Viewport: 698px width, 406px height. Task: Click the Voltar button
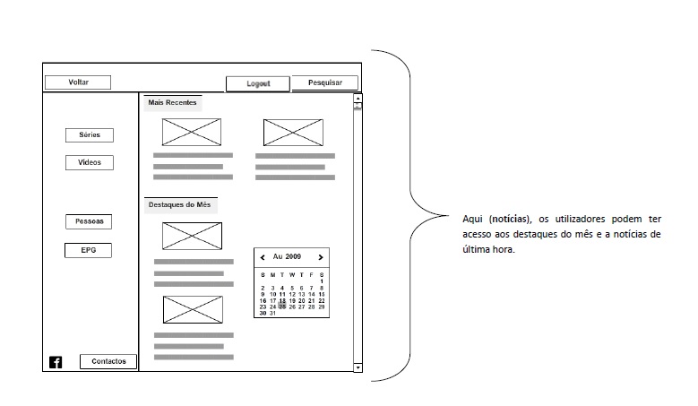(x=78, y=82)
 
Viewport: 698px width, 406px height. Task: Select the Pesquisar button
(x=325, y=82)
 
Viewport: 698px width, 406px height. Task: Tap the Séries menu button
(x=90, y=135)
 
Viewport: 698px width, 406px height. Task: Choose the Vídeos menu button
(x=90, y=162)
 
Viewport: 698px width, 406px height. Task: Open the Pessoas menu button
(x=89, y=221)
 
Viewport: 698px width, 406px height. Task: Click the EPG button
(x=88, y=250)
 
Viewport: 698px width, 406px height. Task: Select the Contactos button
(x=108, y=361)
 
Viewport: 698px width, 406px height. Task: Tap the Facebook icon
(x=56, y=362)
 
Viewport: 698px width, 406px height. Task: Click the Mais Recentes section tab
(x=172, y=103)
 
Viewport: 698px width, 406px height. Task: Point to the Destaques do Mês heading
(x=180, y=204)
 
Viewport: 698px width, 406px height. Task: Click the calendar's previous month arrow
(x=263, y=257)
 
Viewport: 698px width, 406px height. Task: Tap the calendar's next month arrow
(x=321, y=257)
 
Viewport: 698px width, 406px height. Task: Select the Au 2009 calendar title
(x=287, y=257)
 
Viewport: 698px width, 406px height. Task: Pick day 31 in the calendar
(x=272, y=314)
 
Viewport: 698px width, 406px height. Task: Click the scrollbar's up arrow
(x=358, y=99)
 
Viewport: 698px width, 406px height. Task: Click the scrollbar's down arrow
(x=358, y=367)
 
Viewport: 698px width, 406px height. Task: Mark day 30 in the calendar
(x=263, y=314)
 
